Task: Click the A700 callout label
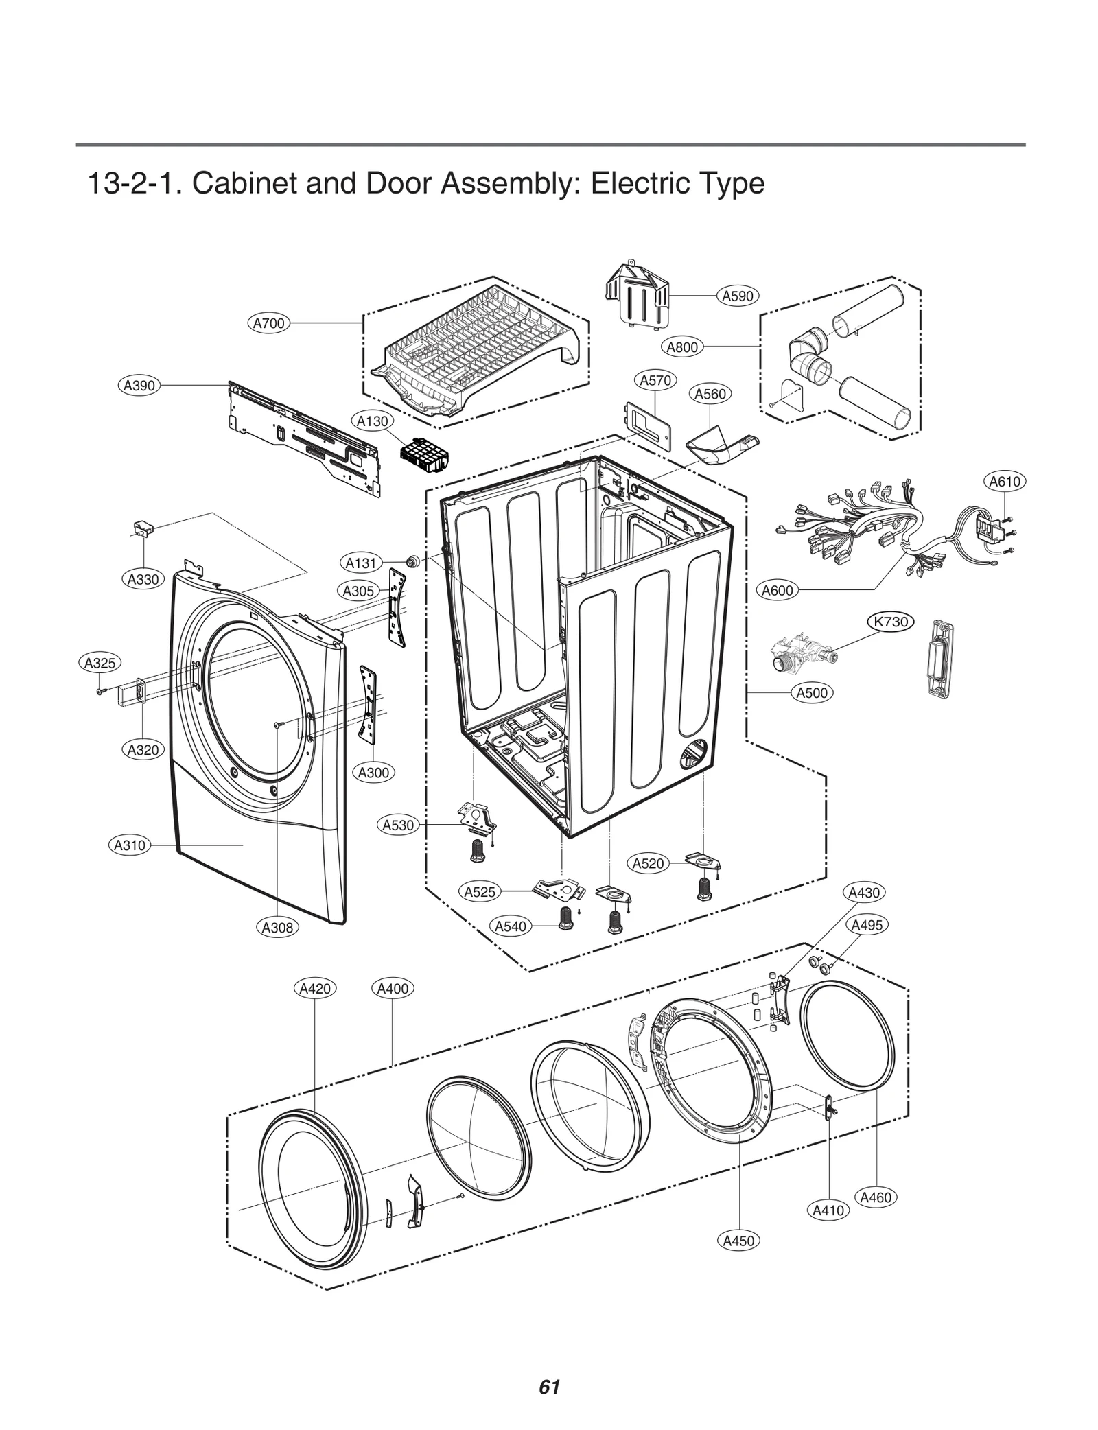(x=268, y=323)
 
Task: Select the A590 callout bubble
(x=738, y=296)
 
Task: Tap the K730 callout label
(x=890, y=622)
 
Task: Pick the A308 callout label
(x=277, y=928)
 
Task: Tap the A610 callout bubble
(x=1005, y=482)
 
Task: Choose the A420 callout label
(x=315, y=989)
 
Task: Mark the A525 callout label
(x=480, y=892)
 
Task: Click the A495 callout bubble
(x=867, y=925)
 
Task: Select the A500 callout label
(x=813, y=693)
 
